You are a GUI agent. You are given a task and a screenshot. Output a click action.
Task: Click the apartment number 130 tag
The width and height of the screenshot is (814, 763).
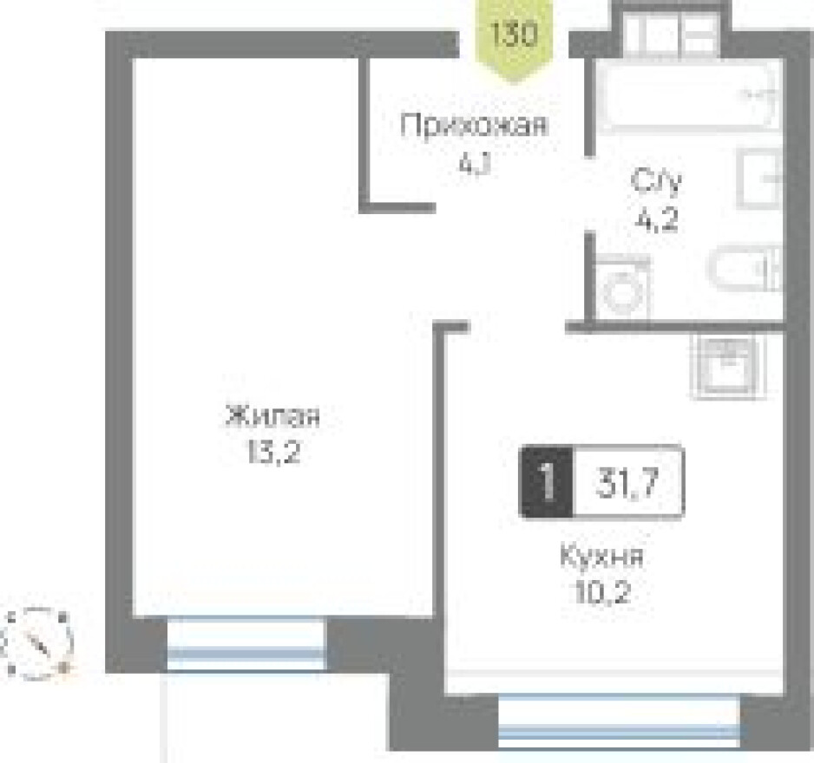515,36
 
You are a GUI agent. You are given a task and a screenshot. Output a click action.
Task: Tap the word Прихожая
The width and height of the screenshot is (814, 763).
474,127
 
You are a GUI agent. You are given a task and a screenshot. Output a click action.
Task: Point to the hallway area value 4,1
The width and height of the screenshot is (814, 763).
474,162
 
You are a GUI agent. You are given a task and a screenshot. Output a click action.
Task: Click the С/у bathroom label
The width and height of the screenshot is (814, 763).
656,183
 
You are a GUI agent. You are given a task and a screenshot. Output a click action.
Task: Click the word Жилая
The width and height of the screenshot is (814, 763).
272,417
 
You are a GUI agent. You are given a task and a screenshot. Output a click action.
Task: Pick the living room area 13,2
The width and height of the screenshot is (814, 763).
272,453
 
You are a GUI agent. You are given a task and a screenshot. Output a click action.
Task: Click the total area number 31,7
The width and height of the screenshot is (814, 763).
627,482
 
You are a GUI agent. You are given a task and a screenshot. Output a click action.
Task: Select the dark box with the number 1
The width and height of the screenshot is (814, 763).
547,482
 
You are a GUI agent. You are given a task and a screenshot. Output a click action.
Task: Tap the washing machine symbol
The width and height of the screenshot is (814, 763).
622,287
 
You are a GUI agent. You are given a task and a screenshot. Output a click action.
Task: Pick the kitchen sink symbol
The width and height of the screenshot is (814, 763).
726,367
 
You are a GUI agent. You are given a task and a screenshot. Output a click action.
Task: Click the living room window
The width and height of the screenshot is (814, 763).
246,643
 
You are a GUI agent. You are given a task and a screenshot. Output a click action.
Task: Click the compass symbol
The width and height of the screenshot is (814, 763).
38,642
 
